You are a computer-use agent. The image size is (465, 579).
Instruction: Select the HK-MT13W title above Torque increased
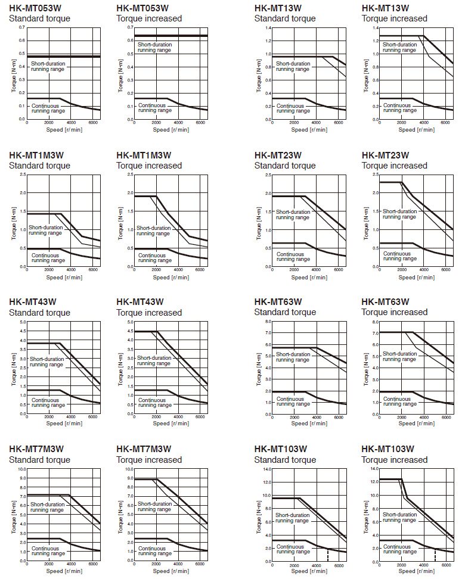click(385, 8)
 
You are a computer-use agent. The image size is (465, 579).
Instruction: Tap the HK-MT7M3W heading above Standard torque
click(36, 449)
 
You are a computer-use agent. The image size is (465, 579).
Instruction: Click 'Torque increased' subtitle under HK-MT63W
click(394, 312)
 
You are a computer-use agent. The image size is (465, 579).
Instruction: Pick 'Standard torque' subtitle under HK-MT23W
click(285, 166)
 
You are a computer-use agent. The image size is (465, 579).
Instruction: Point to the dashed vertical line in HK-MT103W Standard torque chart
click(327, 555)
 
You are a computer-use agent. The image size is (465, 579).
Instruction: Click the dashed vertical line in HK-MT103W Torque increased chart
click(435, 555)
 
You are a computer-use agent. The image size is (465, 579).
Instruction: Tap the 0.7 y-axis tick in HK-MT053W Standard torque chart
click(21, 28)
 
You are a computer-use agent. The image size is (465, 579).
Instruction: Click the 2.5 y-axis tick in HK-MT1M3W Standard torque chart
click(21, 175)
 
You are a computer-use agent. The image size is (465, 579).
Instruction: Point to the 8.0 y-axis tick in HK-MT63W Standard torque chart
click(268, 322)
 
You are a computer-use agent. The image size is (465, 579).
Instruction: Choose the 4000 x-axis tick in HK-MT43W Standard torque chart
click(70, 417)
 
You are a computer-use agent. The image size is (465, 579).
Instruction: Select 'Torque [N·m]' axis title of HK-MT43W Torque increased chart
click(120, 368)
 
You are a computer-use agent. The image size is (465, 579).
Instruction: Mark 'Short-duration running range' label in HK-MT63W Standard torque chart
click(292, 357)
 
